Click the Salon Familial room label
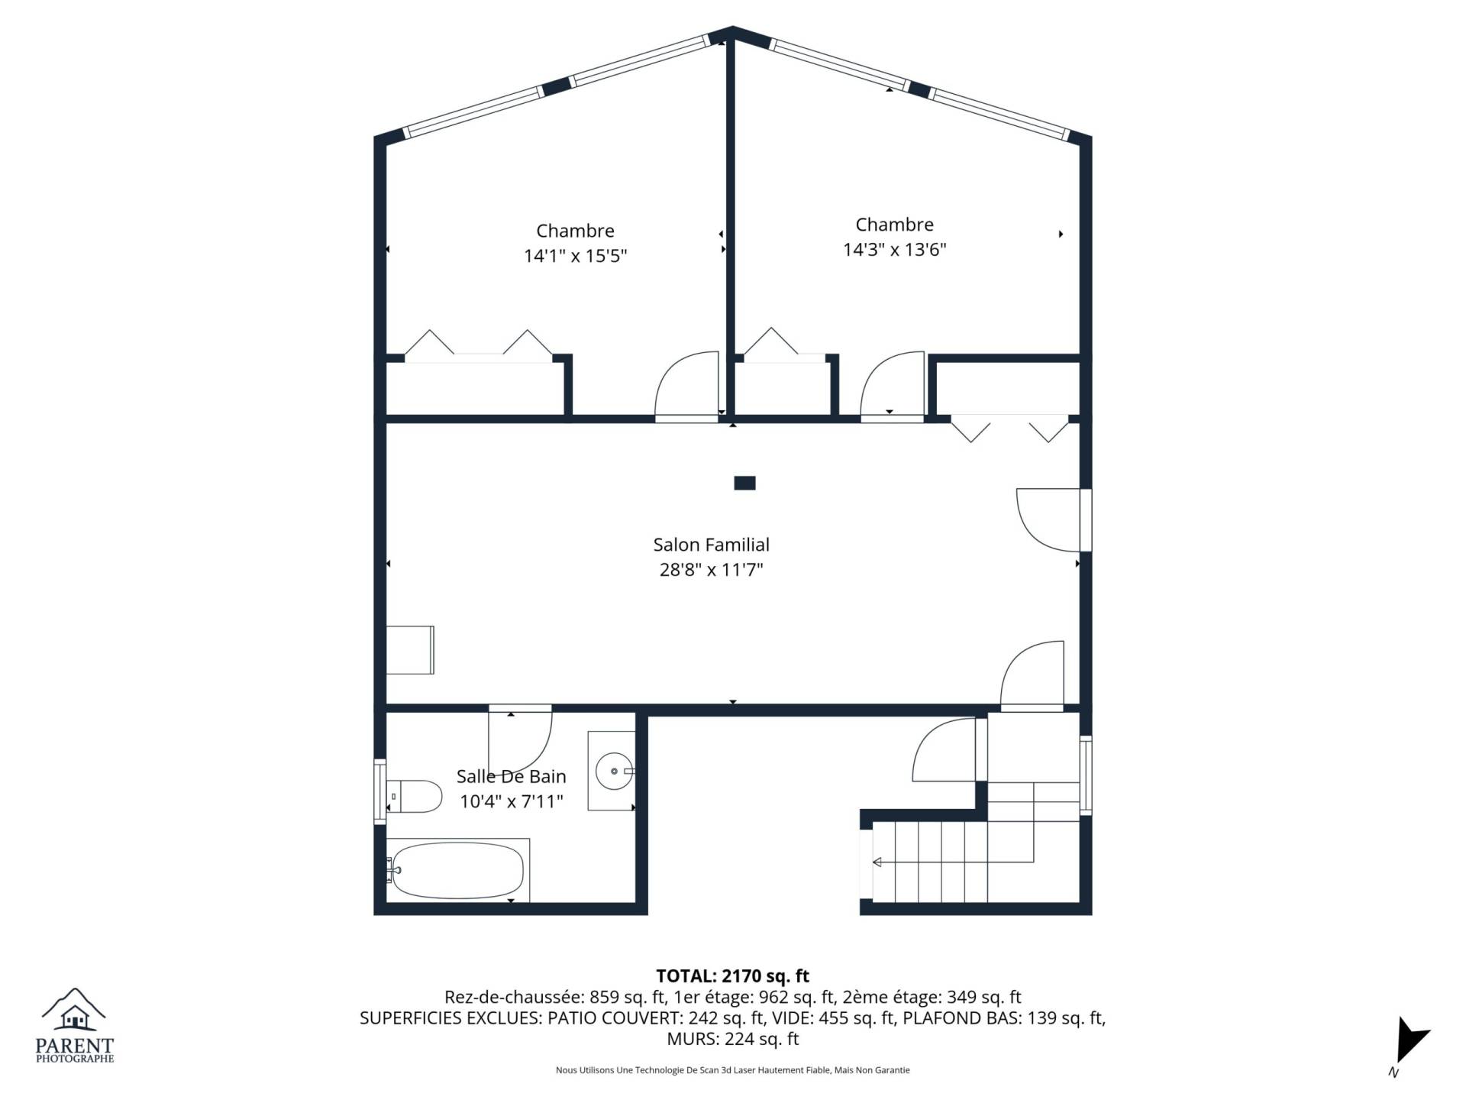[711, 545]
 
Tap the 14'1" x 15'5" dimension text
[575, 256]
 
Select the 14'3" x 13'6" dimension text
[894, 250]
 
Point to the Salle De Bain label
[511, 776]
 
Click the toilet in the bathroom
[414, 797]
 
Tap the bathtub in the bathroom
[457, 871]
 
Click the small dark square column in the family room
[744, 483]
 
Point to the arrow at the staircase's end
[877, 862]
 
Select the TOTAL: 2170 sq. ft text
[732, 976]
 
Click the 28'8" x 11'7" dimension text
[711, 570]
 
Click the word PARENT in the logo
[75, 1046]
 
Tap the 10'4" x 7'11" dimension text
[511, 801]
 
